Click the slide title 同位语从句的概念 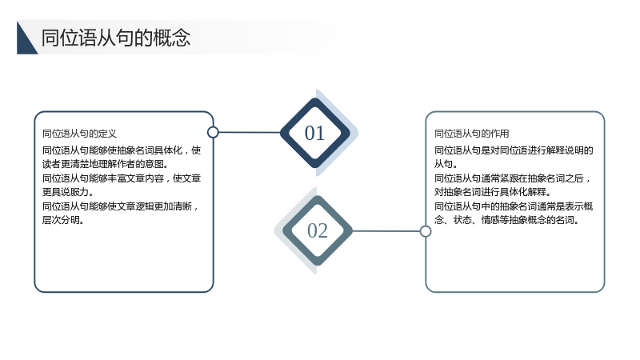116,38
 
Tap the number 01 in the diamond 314,133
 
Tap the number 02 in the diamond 318,230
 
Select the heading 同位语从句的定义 79,134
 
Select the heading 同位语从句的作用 471,134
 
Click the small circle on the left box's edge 213,132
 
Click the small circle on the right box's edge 426,231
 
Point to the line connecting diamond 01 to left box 250,132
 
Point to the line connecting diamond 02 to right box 386,231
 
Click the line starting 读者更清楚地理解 106,164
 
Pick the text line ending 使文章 122,178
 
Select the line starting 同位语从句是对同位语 514,150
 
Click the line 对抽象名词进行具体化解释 493,192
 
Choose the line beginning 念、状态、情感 506,220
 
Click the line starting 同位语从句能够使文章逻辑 121,206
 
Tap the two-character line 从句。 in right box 446,164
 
